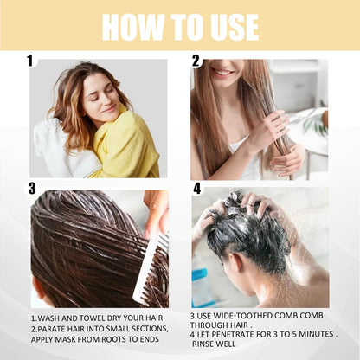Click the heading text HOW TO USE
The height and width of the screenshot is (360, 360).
[x=179, y=26]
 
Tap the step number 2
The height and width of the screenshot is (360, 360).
[x=196, y=61]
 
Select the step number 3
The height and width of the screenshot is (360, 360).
[x=31, y=188]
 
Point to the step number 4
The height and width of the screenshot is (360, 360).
[x=196, y=188]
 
